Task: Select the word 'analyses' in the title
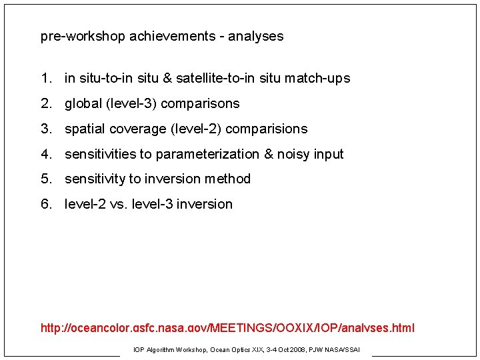(x=256, y=37)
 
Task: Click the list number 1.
(x=45, y=79)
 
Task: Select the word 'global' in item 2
(x=83, y=104)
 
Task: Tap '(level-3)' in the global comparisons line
(x=132, y=104)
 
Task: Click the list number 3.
(x=45, y=129)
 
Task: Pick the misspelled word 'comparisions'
(x=267, y=129)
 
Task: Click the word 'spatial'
(x=85, y=129)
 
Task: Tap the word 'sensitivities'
(x=100, y=154)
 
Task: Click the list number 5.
(x=45, y=179)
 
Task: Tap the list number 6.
(x=45, y=204)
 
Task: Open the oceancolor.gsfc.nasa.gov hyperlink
(x=227, y=328)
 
